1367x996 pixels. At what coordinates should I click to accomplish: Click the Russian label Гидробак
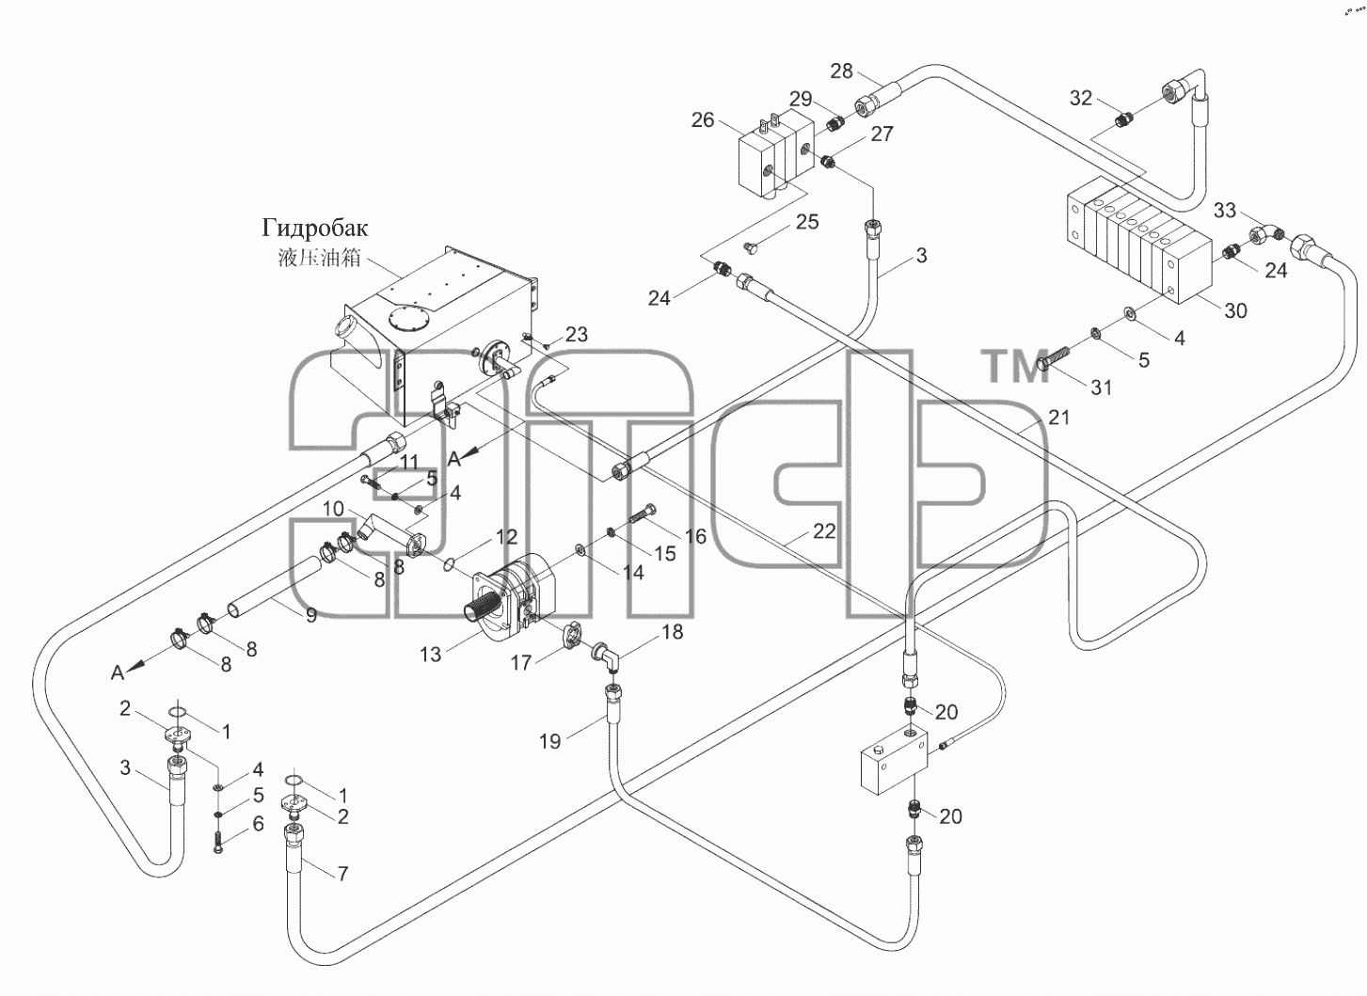(x=315, y=229)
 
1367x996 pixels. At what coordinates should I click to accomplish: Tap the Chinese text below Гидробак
(x=319, y=258)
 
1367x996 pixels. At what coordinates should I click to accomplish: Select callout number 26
(x=703, y=120)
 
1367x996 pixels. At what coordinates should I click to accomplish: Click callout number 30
(x=1236, y=311)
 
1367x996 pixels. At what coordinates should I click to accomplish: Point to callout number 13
(x=430, y=655)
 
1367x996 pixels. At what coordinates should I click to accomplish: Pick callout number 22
(x=824, y=531)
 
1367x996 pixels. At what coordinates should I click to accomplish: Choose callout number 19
(x=549, y=741)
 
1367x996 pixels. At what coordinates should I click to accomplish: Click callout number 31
(x=1101, y=387)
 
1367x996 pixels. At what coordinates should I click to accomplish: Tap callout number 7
(x=343, y=874)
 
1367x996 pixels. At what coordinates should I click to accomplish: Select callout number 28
(x=841, y=71)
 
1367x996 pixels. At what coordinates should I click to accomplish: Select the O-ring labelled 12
(x=449, y=564)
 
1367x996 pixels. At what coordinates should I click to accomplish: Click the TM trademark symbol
(x=1015, y=366)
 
